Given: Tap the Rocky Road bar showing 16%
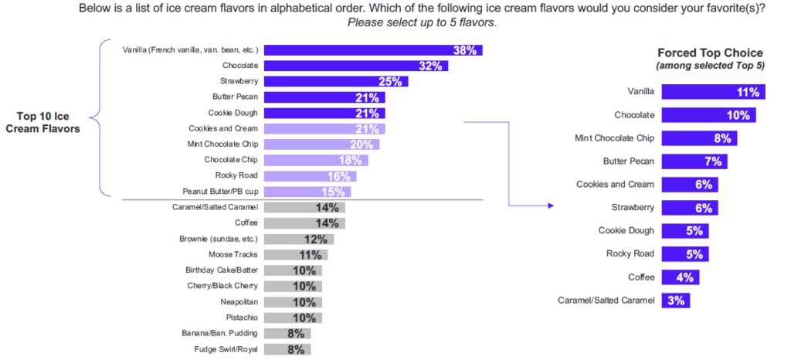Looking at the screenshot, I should [310, 176].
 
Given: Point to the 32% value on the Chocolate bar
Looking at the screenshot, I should [430, 66].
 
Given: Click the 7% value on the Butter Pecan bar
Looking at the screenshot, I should [713, 161].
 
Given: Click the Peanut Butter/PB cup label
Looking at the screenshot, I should [220, 192].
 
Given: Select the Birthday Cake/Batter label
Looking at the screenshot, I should [222, 270].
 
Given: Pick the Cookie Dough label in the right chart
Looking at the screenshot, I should [626, 231].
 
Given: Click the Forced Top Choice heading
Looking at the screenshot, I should [710, 53].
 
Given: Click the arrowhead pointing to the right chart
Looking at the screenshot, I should [551, 205].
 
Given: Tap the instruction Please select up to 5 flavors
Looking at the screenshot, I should [421, 22].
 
